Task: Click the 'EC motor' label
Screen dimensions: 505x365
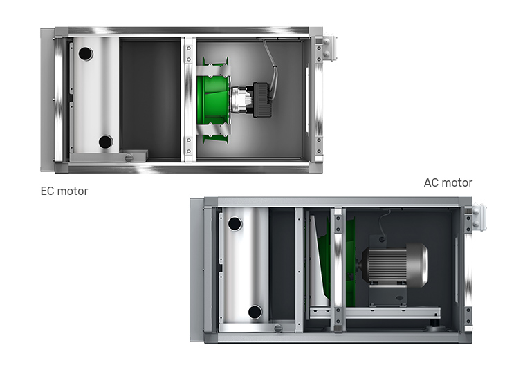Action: [x=64, y=191]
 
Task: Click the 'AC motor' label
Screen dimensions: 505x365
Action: [x=448, y=182]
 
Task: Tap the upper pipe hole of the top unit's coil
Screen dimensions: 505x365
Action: [x=86, y=54]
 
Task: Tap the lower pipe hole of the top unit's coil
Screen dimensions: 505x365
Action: [x=105, y=142]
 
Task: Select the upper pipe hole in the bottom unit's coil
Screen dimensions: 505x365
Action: [x=235, y=224]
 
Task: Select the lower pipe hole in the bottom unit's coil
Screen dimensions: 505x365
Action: [x=255, y=312]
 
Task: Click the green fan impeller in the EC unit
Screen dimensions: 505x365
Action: [x=212, y=100]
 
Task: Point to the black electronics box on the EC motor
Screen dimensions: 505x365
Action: [x=262, y=100]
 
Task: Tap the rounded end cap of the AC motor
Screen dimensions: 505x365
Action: [x=417, y=265]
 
